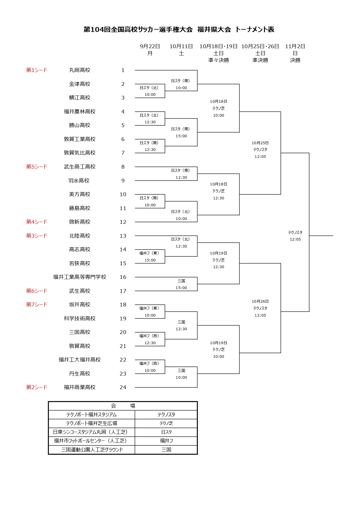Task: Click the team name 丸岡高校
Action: point(80,70)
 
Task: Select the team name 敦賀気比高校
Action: point(80,153)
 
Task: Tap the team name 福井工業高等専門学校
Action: point(80,277)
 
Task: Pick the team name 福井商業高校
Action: point(80,387)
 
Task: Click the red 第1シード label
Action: point(37,70)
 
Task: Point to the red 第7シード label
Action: point(37,305)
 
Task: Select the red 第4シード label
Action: point(37,222)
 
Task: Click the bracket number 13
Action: point(123,236)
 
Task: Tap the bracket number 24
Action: point(123,387)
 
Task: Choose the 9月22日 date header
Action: point(150,46)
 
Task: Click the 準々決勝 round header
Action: point(218,60)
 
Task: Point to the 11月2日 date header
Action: point(295,46)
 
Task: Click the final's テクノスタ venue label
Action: point(295,232)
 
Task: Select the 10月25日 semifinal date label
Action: point(260,143)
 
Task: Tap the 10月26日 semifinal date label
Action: point(260,302)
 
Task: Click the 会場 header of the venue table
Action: point(123,406)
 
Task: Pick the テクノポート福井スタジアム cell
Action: point(91,415)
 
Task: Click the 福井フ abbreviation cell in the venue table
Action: point(166,441)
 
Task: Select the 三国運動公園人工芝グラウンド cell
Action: point(92,450)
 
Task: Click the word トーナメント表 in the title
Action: point(255,30)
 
